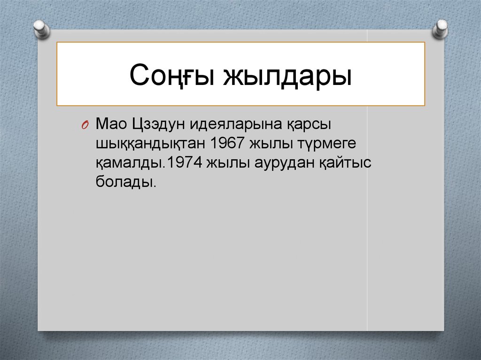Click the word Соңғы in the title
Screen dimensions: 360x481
click(169, 76)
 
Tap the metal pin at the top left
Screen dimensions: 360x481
click(41, 28)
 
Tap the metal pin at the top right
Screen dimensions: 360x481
click(441, 29)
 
